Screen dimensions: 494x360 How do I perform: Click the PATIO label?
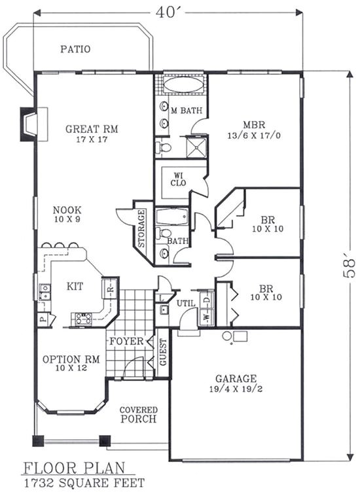coord(75,49)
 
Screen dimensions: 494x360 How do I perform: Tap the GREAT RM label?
coord(92,130)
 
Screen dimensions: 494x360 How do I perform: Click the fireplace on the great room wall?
coord(29,124)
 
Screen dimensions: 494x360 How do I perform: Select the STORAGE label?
coord(142,228)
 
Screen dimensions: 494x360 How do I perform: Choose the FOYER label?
coord(126,342)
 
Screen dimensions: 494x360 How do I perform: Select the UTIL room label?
coord(185,303)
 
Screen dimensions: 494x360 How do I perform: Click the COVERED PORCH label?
coord(137,415)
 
